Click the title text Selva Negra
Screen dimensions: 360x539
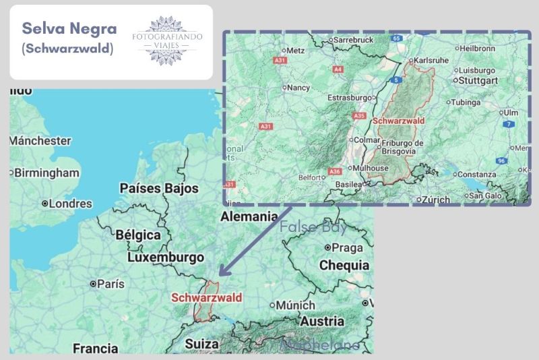[69, 29]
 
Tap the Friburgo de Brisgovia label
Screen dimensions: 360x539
[402, 147]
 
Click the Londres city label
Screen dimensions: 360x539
[69, 203]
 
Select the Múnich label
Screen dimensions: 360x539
[295, 305]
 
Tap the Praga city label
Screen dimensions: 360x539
[347, 247]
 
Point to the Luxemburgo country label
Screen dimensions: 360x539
[165, 258]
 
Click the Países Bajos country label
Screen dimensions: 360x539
[158, 188]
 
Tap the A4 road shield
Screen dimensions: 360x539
[338, 69]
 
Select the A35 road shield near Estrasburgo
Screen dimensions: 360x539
[358, 116]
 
